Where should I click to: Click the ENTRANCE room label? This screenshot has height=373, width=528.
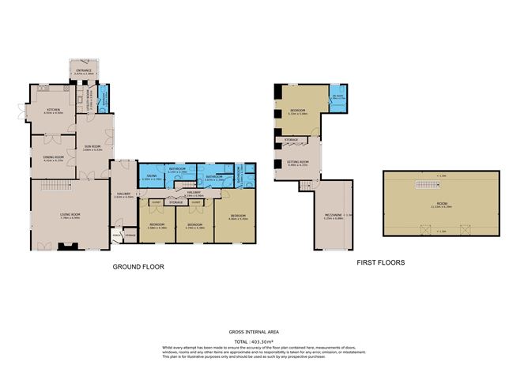pyautogui.click(x=83, y=71)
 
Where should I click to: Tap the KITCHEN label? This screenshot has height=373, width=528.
pyautogui.click(x=54, y=111)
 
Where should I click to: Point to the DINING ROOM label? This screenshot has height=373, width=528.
pyautogui.click(x=52, y=157)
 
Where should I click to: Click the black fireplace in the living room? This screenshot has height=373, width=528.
pyautogui.click(x=68, y=247)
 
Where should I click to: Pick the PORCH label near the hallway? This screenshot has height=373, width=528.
pyautogui.click(x=117, y=235)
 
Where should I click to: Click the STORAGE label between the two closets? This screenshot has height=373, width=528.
pyautogui.click(x=175, y=202)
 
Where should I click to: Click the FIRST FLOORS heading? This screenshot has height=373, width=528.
pyautogui.click(x=381, y=262)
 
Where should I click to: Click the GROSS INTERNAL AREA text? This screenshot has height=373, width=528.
pyautogui.click(x=263, y=331)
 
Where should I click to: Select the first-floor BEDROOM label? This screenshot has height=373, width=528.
pyautogui.click(x=297, y=110)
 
